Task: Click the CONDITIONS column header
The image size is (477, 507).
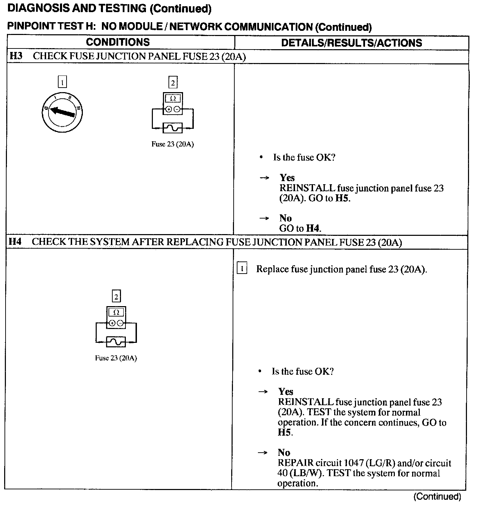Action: pos(118,42)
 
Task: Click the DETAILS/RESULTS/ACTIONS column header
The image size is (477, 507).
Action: pos(351,43)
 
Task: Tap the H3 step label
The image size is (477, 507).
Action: pos(16,56)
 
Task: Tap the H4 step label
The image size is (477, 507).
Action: pos(15,241)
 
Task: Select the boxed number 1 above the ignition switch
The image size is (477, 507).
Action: pos(62,82)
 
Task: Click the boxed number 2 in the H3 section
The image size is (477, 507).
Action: pos(173,82)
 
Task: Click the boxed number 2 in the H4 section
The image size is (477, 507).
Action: pos(116,296)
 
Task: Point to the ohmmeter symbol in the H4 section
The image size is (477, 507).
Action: pos(116,317)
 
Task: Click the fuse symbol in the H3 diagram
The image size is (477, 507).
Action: pos(173,128)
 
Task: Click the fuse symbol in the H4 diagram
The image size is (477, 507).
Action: pos(116,342)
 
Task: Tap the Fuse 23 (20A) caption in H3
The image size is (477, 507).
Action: pos(173,144)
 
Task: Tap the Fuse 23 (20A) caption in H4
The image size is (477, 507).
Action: pos(116,358)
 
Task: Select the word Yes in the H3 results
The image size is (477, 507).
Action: pos(287,178)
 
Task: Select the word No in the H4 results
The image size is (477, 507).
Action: pos(284,452)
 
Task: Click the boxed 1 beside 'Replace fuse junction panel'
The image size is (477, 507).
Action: pos(242,269)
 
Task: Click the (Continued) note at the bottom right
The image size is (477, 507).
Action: pos(437,496)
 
